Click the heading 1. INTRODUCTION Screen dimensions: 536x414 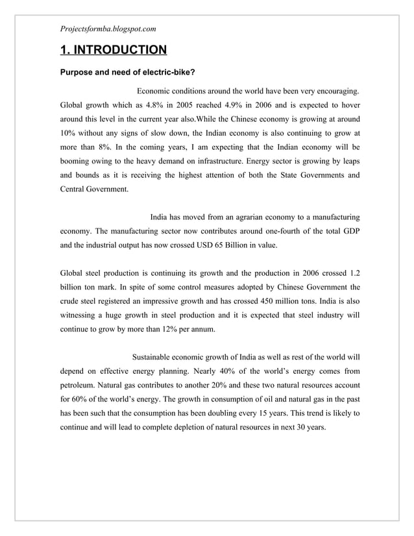[x=113, y=50]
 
